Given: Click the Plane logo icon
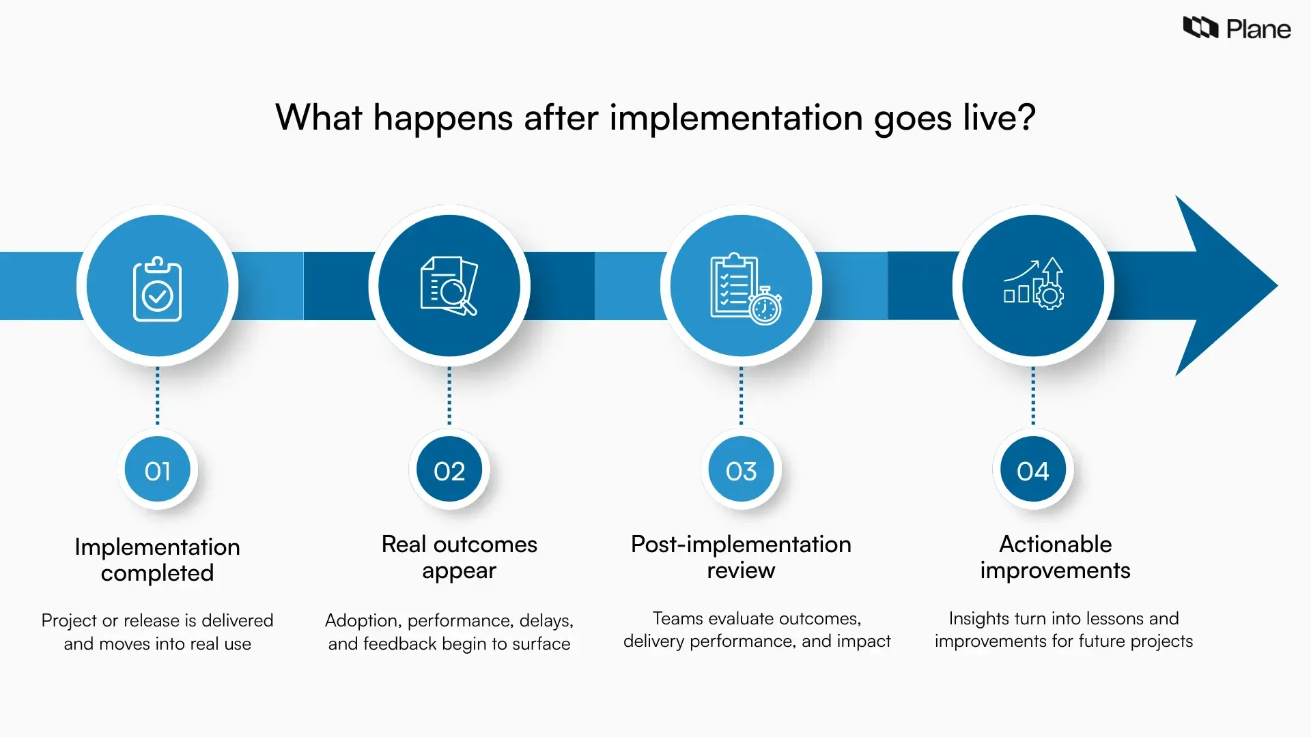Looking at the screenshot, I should coord(1200,28).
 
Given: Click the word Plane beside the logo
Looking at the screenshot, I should coord(1258,29).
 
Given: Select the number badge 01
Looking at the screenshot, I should coord(157,471).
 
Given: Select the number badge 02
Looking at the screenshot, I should coord(449,471).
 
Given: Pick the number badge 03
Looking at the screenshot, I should coord(741,471).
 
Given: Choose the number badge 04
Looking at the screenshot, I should coord(1032,471).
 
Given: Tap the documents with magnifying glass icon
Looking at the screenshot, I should coord(449,286).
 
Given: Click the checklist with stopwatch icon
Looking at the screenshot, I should coord(745,289).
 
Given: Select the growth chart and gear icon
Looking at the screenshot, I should coord(1033,284).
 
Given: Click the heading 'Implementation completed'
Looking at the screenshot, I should coord(157,560).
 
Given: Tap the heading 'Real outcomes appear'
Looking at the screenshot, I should coord(459,557).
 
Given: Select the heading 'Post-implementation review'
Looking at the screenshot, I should coord(741,557).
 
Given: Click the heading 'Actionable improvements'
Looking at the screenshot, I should coord(1055,557).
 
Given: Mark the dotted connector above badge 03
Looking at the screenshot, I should coord(741,396).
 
